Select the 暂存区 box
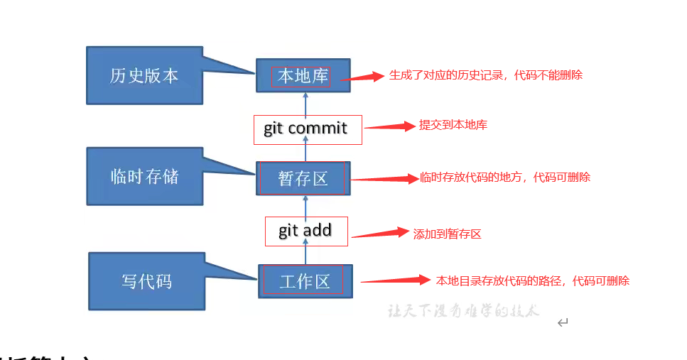click(303, 178)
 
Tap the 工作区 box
click(305, 282)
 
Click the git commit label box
click(308, 129)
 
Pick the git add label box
click(306, 231)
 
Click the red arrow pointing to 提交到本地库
click(389, 126)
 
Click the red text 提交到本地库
click(453, 125)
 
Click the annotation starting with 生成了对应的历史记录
click(485, 75)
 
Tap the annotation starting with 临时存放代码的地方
click(504, 178)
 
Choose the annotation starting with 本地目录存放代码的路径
click(533, 280)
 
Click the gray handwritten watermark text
click(463, 311)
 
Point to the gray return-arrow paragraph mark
click(563, 323)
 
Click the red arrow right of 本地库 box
click(362, 77)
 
